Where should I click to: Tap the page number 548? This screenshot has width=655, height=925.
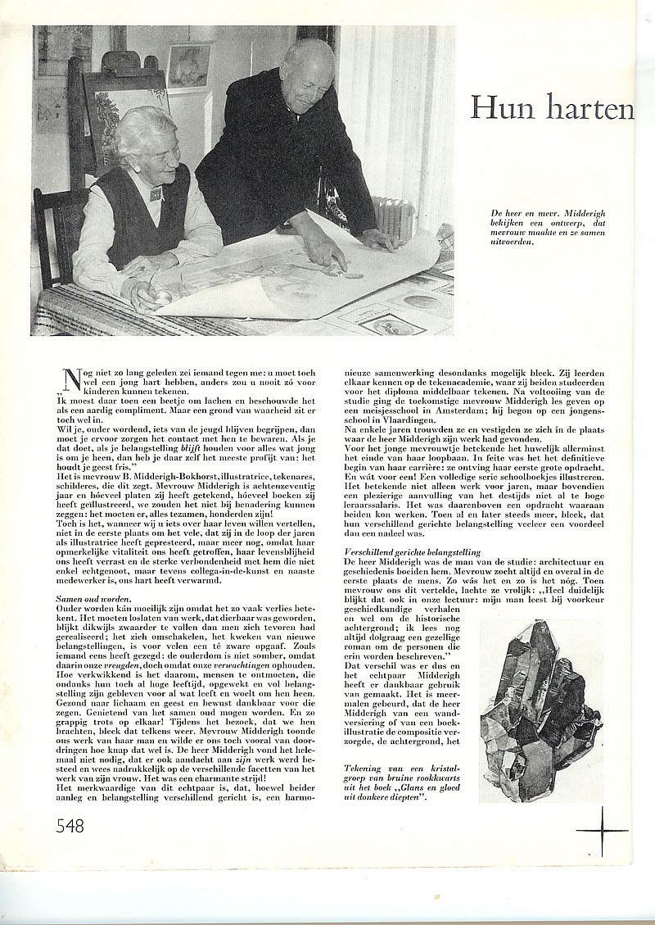70,826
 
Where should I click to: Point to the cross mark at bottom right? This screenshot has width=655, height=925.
602,831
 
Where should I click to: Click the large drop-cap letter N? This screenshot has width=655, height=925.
71,379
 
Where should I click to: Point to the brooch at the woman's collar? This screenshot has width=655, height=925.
155,195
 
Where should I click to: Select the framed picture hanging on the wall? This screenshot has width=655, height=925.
189,66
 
